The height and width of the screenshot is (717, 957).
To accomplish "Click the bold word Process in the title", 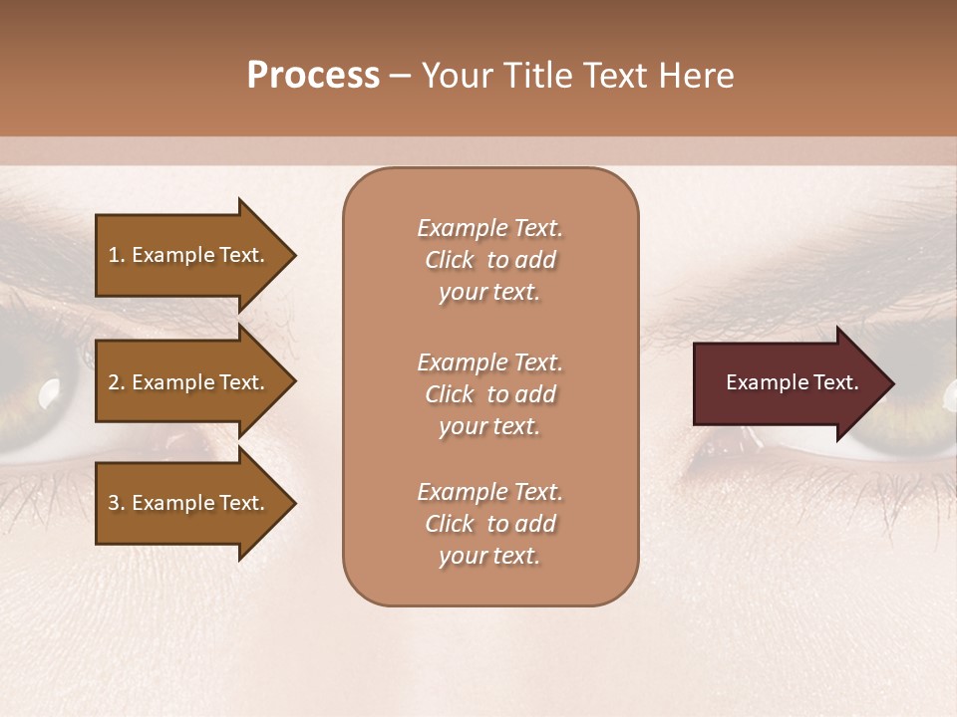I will click(x=313, y=76).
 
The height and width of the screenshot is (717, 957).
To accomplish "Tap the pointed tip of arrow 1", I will click(x=294, y=255).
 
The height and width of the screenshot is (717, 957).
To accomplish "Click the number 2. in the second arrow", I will click(x=116, y=382).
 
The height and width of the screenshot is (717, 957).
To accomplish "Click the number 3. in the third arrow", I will click(x=116, y=503).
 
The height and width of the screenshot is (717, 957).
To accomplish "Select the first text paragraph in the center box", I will click(x=489, y=260).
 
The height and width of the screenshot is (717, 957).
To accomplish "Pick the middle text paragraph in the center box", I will click(x=489, y=394).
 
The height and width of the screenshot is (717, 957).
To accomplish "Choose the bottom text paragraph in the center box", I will click(x=489, y=524).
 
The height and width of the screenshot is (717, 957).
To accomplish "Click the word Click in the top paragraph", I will click(x=450, y=260).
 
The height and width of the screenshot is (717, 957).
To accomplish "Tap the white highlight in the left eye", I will click(x=48, y=396).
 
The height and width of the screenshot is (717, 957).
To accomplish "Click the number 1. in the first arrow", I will click(x=116, y=255).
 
